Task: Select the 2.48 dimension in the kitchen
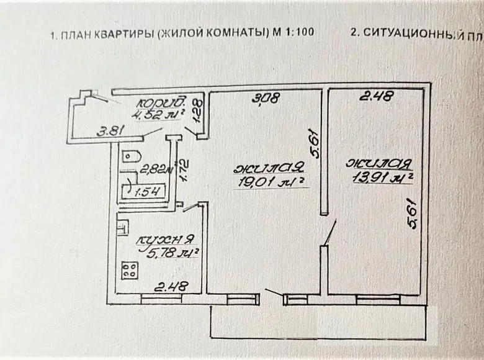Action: pos(171,286)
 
